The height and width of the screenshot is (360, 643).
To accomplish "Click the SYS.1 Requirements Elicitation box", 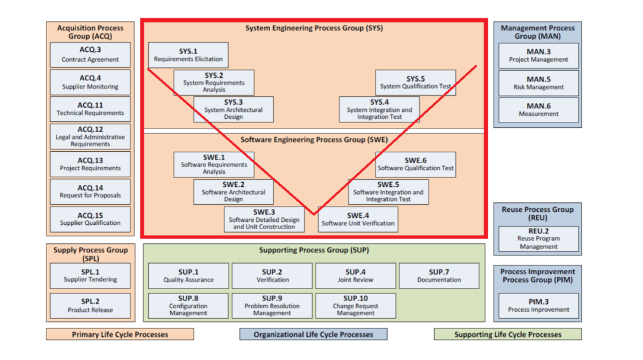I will (188, 55).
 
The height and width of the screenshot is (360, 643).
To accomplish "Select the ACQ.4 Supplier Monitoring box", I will (90, 82).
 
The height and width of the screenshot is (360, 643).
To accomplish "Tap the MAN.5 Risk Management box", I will (538, 83).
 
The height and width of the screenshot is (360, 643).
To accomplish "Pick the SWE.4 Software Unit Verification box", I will (358, 219).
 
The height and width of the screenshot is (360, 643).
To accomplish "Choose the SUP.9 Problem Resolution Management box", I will (272, 305).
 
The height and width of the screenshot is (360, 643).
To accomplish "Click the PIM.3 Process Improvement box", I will (538, 305).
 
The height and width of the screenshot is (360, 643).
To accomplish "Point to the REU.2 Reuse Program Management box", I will (538, 239).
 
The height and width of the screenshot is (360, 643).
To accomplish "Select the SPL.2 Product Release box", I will (90, 305).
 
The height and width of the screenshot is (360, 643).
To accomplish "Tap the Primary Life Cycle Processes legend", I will (120, 334).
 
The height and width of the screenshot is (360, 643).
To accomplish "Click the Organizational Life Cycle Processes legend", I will (313, 334).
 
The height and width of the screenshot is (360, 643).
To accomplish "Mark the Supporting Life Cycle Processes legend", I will (507, 334).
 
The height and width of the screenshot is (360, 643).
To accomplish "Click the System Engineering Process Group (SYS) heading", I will (314, 28).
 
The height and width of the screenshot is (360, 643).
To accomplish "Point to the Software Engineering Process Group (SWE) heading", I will (314, 140).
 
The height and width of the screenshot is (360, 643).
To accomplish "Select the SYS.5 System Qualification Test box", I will (416, 83).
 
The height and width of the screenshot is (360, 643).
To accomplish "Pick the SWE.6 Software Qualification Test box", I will (416, 164).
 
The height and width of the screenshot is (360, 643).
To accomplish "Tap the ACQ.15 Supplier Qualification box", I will (90, 219).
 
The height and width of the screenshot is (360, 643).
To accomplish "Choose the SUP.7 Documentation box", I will (439, 276).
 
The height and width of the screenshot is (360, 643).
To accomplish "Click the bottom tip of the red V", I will (314, 214).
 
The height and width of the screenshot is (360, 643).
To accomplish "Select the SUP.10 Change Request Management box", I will (355, 305).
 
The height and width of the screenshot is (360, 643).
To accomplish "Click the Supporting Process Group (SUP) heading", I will (314, 251).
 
